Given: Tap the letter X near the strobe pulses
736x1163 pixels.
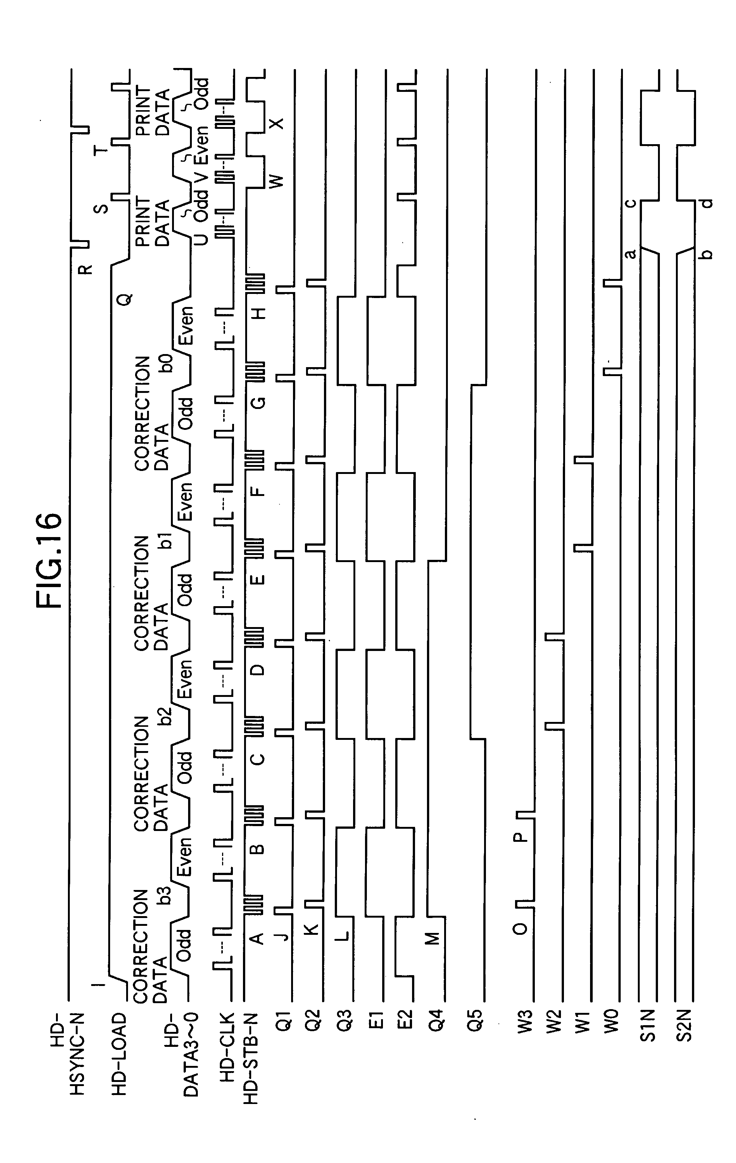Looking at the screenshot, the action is (277, 124).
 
